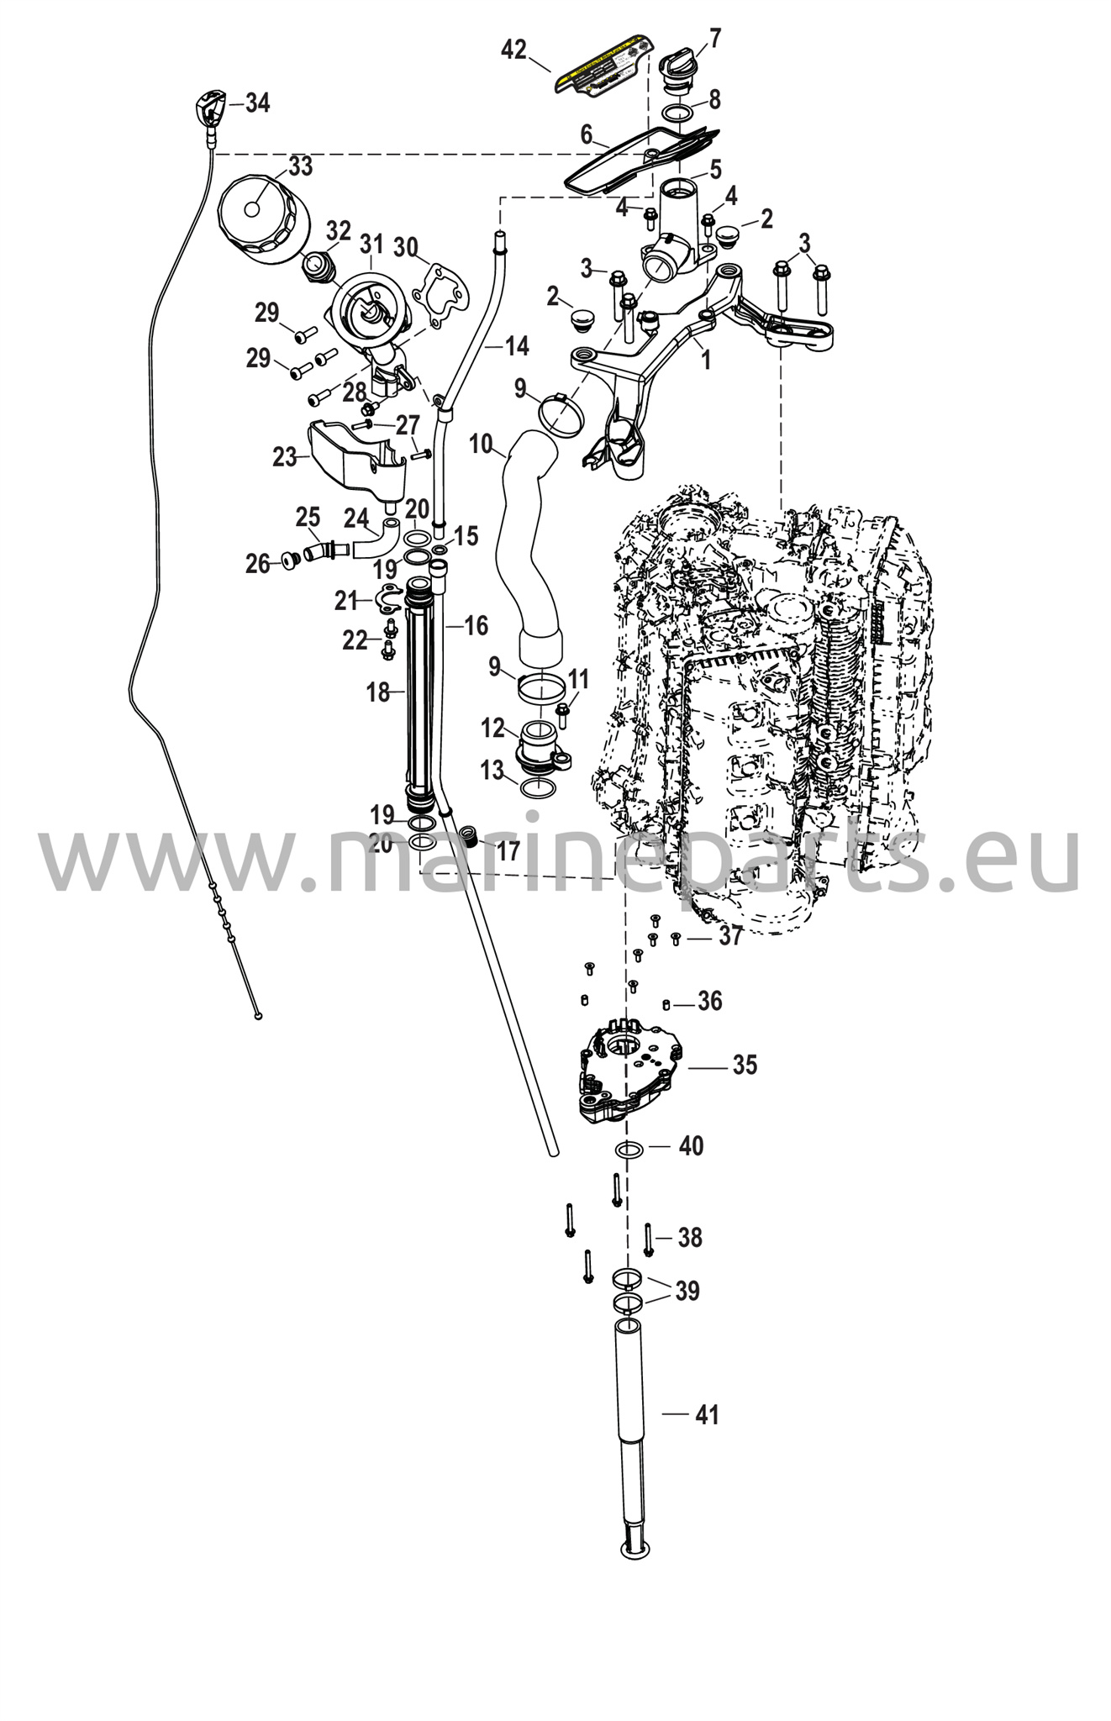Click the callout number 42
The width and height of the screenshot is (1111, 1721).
[x=513, y=50]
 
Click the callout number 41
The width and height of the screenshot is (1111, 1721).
[x=708, y=1415]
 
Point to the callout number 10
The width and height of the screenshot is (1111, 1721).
[x=481, y=444]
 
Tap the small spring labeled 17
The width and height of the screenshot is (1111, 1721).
[x=472, y=838]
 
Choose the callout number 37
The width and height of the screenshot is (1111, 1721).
[x=729, y=934]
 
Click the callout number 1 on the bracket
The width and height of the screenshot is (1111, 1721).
[x=706, y=361]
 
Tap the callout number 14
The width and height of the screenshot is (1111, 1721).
[x=517, y=345]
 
